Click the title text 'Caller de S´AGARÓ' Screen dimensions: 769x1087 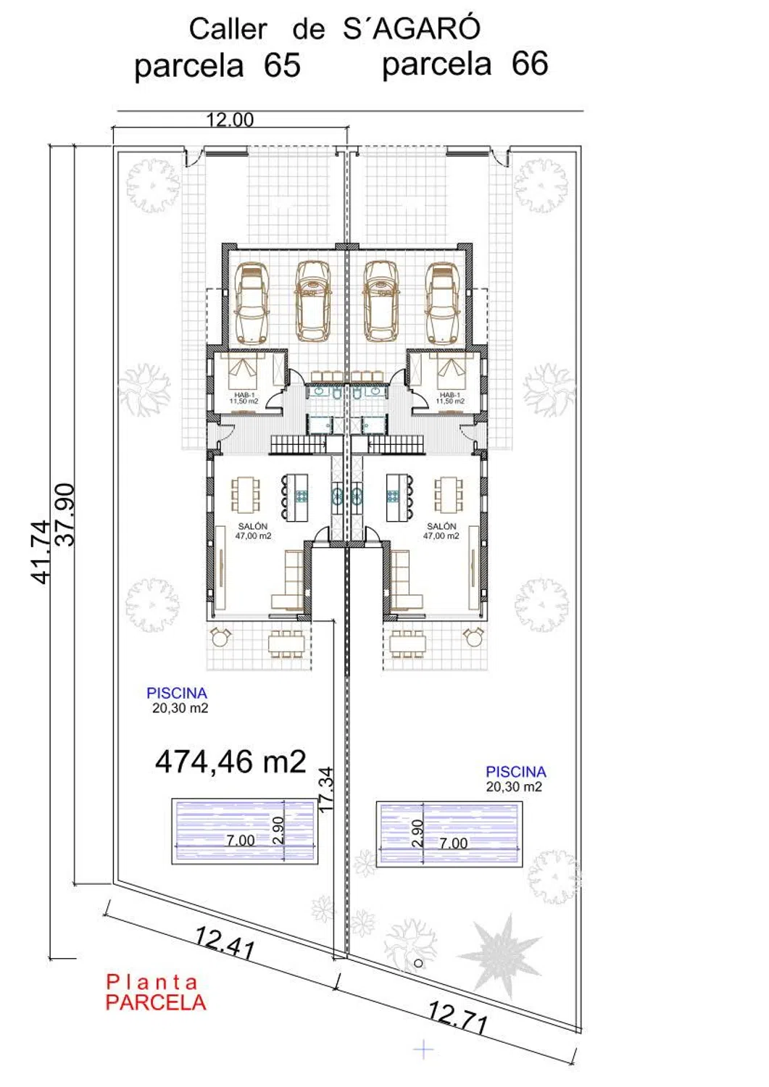335,29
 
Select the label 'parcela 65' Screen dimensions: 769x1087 217,65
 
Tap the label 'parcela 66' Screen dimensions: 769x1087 465,64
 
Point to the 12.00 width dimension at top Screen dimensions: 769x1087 230,120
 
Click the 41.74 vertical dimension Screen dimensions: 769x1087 40,551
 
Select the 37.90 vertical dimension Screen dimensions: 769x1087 65,515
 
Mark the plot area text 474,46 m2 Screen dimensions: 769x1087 230,762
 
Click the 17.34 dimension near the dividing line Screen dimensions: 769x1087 327,788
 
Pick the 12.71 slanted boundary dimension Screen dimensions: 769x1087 457,1017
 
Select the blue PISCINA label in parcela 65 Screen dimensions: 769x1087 177,693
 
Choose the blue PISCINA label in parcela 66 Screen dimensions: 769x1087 516,772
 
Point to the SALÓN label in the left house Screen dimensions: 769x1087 252,526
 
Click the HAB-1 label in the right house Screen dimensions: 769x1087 450,395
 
